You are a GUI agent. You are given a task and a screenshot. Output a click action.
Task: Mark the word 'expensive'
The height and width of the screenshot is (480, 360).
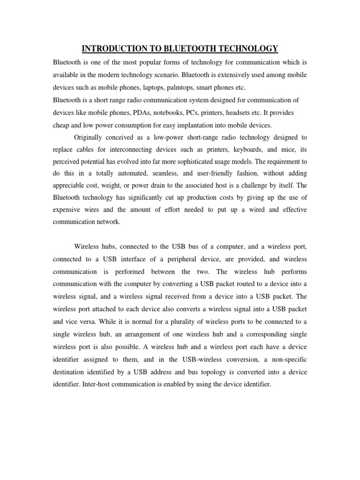[x=68, y=210]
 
